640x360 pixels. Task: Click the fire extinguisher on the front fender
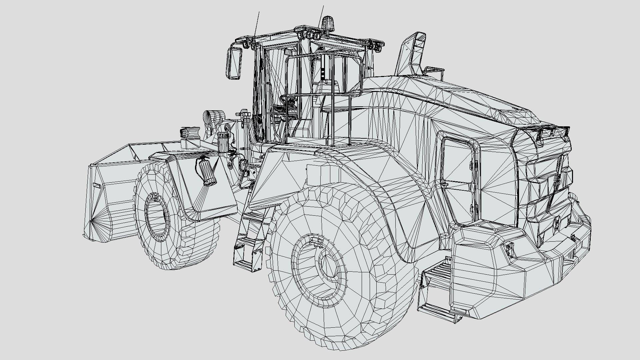pyautogui.click(x=207, y=172)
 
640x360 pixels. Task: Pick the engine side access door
pyautogui.click(x=458, y=177)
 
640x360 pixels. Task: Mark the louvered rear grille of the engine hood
pyautogui.click(x=547, y=187)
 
